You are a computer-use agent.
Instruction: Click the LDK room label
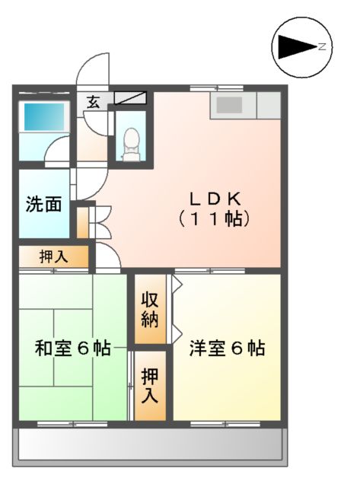[x=215, y=199]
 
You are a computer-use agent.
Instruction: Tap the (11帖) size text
[x=215, y=219]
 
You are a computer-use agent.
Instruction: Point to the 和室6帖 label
[x=73, y=349]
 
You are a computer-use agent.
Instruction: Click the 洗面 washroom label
[x=43, y=205]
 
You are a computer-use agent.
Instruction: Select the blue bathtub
[x=43, y=116]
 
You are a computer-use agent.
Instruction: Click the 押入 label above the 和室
[x=53, y=256]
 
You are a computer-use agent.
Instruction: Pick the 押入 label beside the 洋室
[x=150, y=385]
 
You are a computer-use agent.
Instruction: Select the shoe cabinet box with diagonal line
[x=132, y=98]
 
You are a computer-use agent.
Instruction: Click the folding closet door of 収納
[x=177, y=308]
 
